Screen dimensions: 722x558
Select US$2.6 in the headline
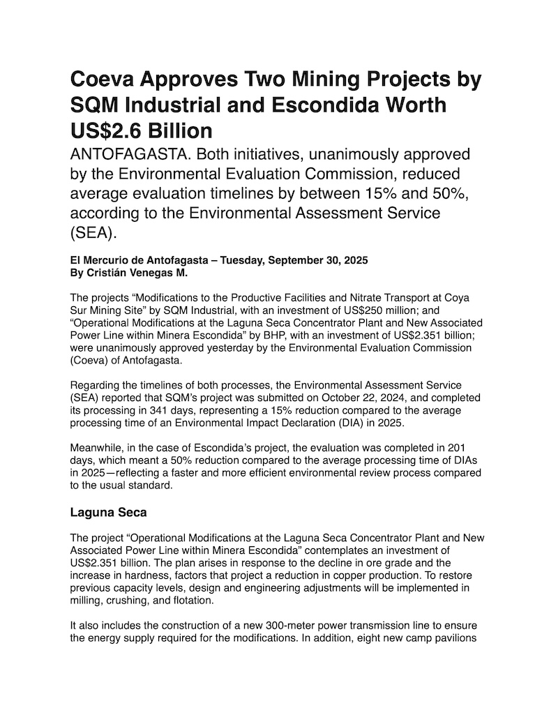pyautogui.click(x=108, y=130)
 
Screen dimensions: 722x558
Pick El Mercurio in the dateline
pyautogui.click(x=103, y=260)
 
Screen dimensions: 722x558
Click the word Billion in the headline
pyautogui.click(x=177, y=130)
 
